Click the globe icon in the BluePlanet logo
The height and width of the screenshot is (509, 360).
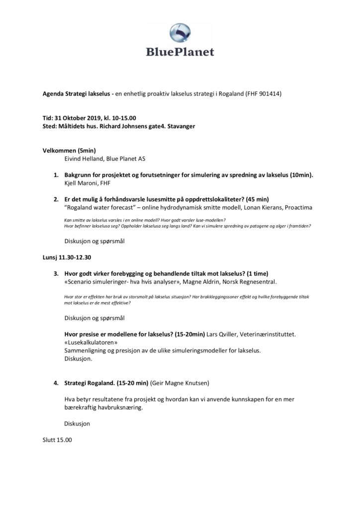(180, 33)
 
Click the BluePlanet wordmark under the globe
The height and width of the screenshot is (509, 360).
(180, 52)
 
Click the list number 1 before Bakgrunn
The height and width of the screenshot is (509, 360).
(56, 175)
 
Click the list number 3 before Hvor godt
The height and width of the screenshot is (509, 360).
(56, 274)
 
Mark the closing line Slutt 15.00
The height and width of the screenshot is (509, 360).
(58, 440)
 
